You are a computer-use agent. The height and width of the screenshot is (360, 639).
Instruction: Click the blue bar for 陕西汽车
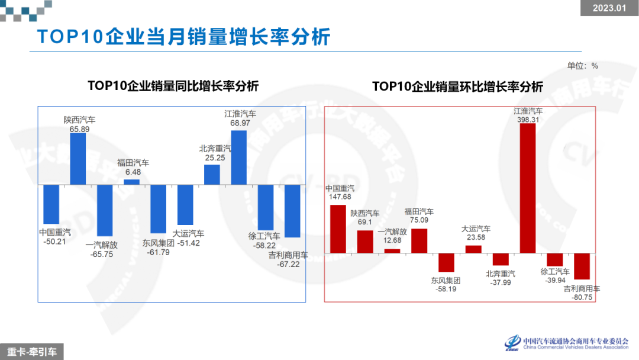click(78, 158)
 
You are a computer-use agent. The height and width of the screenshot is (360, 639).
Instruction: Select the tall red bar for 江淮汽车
click(528, 188)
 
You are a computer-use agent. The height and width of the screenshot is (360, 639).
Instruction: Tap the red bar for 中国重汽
click(338, 229)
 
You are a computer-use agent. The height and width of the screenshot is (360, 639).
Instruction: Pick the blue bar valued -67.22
click(292, 211)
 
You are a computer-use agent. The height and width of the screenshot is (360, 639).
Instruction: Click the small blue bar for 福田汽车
click(132, 182)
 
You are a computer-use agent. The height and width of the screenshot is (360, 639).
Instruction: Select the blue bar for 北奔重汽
click(212, 175)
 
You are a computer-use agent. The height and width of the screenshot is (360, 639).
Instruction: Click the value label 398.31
click(528, 119)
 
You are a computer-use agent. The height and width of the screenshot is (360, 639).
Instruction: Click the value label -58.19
click(446, 289)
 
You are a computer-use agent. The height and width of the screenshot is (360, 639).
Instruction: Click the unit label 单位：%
click(583, 66)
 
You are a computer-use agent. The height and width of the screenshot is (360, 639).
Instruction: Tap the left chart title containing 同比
click(173, 86)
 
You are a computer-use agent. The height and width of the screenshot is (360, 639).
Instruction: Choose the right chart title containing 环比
click(457, 86)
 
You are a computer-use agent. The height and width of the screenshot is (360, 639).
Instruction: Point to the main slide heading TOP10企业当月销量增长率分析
click(183, 37)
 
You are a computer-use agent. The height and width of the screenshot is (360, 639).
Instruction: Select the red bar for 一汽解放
click(392, 250)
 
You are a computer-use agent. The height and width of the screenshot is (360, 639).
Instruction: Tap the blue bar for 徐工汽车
click(266, 207)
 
